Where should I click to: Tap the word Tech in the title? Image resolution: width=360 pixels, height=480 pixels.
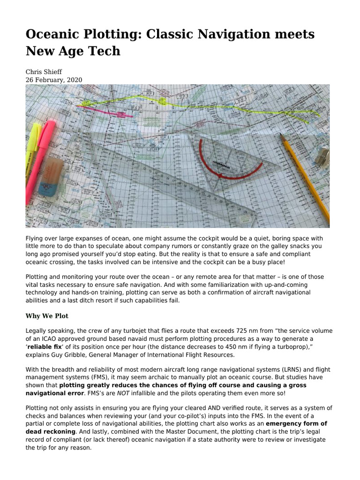click(105, 51)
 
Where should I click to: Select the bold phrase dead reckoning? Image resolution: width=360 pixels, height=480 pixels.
click(51, 432)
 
